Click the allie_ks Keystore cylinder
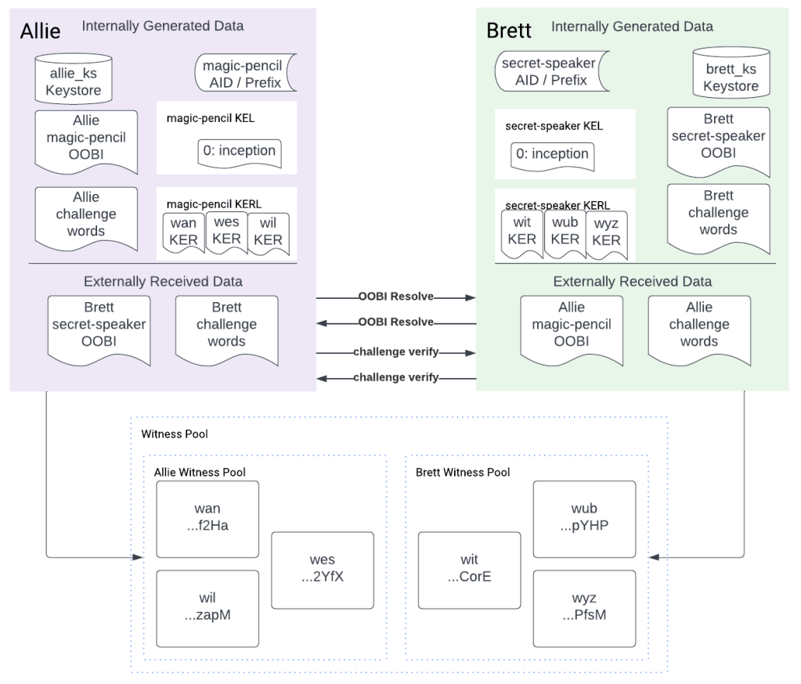coord(73,78)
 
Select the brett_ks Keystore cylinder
coord(731,74)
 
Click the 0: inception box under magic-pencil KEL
coord(238,151)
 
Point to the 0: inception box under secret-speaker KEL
coord(552,154)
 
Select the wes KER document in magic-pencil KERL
coord(226,231)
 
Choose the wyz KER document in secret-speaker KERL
coord(606,232)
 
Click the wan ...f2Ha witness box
coord(207,518)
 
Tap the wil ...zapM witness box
coord(207,607)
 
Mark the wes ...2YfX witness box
coord(323,569)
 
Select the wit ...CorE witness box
coord(469,569)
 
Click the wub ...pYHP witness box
coord(584,518)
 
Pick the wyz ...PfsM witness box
coord(584,607)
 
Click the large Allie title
coord(40,32)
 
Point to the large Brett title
coord(509,31)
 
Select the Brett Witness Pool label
coord(463,472)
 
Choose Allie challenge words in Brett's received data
coord(699,325)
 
